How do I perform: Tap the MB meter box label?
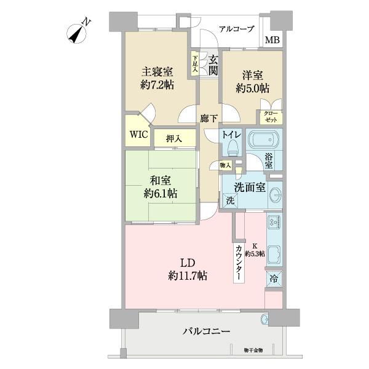tap(271, 41)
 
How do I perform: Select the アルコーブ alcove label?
tap(236, 29)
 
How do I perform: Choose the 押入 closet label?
tap(174, 139)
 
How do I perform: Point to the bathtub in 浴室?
tap(264, 140)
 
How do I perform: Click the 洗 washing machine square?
tap(230, 200)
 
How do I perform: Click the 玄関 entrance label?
tap(212, 65)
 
